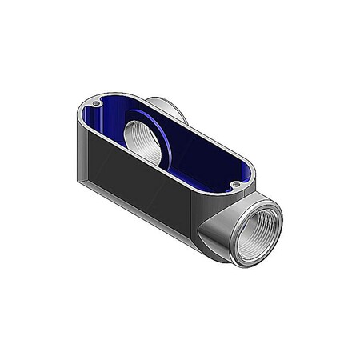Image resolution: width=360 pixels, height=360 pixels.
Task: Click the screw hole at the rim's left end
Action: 98,103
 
